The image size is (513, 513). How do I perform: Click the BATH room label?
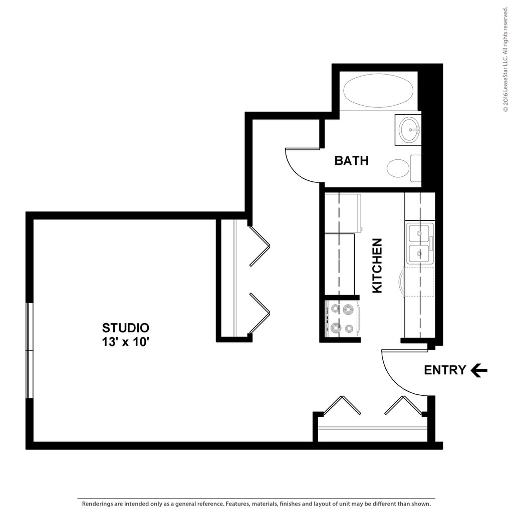pyautogui.click(x=351, y=161)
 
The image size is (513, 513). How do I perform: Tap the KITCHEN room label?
pyautogui.click(x=377, y=266)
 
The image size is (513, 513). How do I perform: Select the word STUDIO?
pyautogui.click(x=125, y=328)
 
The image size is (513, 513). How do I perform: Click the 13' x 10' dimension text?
pyautogui.click(x=125, y=343)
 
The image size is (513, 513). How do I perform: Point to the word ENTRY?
pyautogui.click(x=445, y=370)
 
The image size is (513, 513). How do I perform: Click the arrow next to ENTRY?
pyautogui.click(x=479, y=370)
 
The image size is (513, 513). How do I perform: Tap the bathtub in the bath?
pyautogui.click(x=378, y=91)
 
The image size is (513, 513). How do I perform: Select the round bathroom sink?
pyautogui.click(x=409, y=130)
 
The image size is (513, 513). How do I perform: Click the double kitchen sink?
pyautogui.click(x=419, y=244)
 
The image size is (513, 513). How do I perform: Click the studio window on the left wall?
pyautogui.click(x=29, y=350)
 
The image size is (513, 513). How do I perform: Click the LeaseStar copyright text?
pyautogui.click(x=505, y=60)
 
